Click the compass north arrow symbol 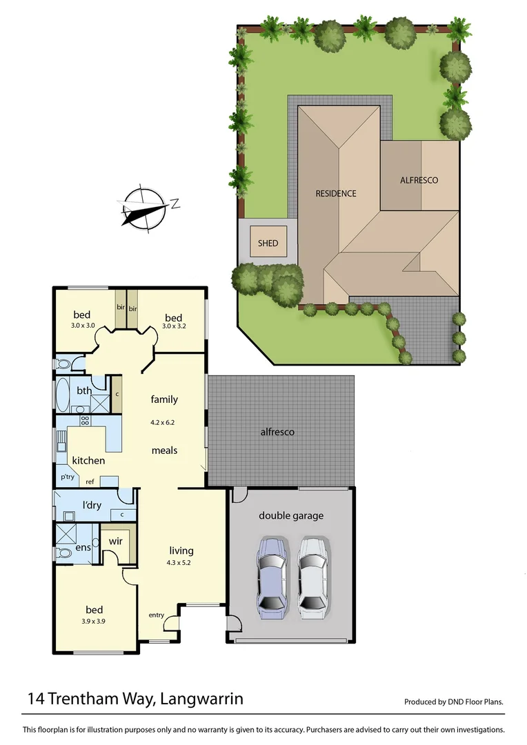pyautogui.click(x=145, y=207)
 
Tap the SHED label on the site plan pyautogui.click(x=268, y=243)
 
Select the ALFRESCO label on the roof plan pyautogui.click(x=419, y=180)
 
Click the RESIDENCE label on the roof pyautogui.click(x=336, y=193)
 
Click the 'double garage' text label pyautogui.click(x=291, y=515)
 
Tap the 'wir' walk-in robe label pyautogui.click(x=116, y=542)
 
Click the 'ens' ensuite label pyautogui.click(x=83, y=547)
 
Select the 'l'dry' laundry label pyautogui.click(x=92, y=505)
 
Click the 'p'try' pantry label pyautogui.click(x=67, y=477)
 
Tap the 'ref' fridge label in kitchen pyautogui.click(x=90, y=481)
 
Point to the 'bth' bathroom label pyautogui.click(x=84, y=390)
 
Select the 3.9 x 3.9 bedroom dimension pyautogui.click(x=94, y=621)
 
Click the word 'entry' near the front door pyautogui.click(x=157, y=615)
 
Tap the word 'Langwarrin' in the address pyautogui.click(x=201, y=699)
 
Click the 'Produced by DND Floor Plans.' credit pyautogui.click(x=454, y=702)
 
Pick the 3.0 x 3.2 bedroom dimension pyautogui.click(x=172, y=325)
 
